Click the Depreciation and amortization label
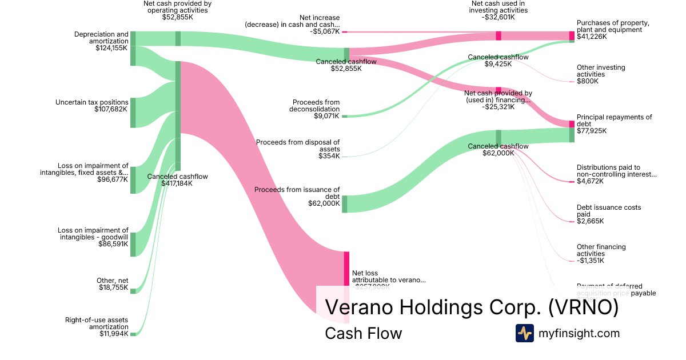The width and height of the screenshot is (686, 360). tap(101, 38)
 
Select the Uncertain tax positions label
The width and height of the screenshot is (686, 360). tap(91, 103)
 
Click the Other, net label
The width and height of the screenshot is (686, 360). tap(113, 281)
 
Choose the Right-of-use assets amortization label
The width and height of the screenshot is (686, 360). tap(97, 323)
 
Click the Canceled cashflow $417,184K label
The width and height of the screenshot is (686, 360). tap(177, 180)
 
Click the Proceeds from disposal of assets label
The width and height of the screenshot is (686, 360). tap(298, 145)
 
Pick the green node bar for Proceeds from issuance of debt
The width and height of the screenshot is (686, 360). tap(345, 204)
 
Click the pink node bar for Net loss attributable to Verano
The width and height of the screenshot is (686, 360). tap(346, 269)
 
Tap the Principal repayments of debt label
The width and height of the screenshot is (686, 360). tap(614, 121)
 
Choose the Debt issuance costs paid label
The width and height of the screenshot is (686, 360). tap(609, 211)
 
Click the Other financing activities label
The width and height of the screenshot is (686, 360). tap(601, 250)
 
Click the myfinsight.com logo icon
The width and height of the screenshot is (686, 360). tap(524, 333)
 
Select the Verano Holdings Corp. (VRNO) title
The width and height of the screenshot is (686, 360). tap(472, 307)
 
